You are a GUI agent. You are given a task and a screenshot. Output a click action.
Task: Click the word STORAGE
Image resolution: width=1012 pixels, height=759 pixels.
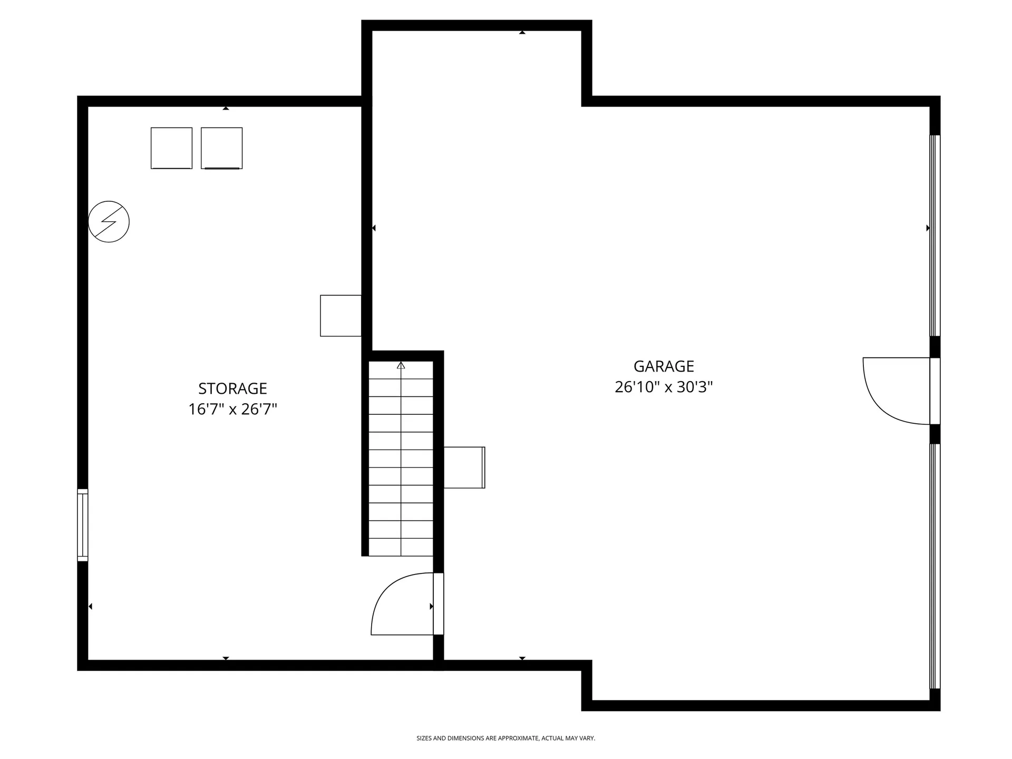(x=232, y=388)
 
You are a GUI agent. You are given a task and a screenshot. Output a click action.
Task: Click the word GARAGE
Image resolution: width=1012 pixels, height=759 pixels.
(x=663, y=366)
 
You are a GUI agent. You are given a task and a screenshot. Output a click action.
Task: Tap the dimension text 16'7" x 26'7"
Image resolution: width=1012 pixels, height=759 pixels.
(x=232, y=410)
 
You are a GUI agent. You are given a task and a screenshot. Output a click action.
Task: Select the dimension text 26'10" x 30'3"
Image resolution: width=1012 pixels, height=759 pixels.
(x=663, y=387)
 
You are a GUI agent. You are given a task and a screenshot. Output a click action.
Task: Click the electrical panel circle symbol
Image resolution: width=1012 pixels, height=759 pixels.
(x=109, y=221)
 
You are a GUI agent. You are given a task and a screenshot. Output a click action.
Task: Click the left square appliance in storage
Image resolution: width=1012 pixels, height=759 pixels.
(x=171, y=148)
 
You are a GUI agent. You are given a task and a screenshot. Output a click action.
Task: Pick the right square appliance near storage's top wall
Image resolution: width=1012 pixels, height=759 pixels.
(x=221, y=148)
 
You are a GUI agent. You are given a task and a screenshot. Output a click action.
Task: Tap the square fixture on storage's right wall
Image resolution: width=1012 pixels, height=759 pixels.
(x=340, y=316)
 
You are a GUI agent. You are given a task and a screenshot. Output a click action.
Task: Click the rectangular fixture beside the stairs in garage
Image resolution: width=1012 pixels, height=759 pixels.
(x=464, y=468)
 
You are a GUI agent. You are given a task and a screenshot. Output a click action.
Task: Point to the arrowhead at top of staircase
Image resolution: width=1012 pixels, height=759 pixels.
(x=401, y=365)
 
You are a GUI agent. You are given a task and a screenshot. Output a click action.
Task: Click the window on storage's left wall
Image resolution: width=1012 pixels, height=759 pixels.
(x=83, y=525)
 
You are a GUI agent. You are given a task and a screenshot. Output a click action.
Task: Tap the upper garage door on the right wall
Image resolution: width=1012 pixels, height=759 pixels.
(x=934, y=236)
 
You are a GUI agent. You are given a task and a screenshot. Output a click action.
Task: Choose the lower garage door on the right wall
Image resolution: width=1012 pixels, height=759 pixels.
(x=934, y=567)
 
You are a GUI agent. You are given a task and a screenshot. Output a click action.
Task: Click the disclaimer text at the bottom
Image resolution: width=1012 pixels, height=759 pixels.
(x=505, y=738)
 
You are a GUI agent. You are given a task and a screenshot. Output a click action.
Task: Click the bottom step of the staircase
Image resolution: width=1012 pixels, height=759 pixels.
(x=401, y=547)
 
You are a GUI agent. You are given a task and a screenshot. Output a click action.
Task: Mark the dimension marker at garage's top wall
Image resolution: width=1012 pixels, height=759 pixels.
(x=522, y=33)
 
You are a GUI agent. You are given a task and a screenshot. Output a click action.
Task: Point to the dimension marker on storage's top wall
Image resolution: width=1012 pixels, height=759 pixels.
(x=226, y=108)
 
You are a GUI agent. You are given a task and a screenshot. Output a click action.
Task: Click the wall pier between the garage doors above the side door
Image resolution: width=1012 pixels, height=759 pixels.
(x=934, y=347)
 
